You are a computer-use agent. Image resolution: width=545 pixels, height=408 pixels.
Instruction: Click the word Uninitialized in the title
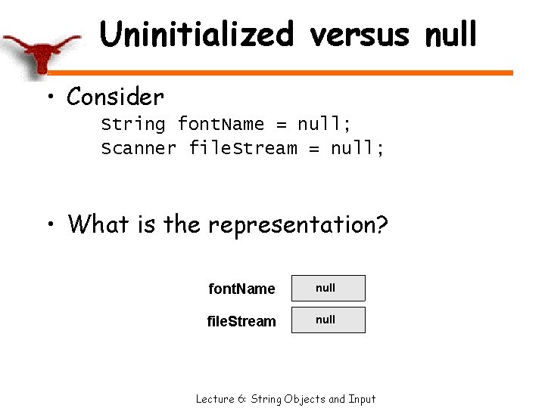(x=196, y=34)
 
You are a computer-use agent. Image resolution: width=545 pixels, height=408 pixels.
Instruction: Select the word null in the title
(x=451, y=34)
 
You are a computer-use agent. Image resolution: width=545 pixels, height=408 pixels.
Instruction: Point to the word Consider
(x=115, y=97)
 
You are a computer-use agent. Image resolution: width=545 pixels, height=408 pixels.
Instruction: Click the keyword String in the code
(x=133, y=124)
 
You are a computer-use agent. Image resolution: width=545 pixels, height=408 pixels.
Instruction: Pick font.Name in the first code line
(x=220, y=124)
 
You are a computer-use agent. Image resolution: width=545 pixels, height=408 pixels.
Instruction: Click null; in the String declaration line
(x=324, y=124)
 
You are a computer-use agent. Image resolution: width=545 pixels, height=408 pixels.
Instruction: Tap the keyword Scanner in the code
(x=139, y=148)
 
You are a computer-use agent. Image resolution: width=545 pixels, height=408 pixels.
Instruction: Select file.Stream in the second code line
(x=242, y=148)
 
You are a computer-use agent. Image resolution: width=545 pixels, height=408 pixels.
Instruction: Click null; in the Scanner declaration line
(x=357, y=148)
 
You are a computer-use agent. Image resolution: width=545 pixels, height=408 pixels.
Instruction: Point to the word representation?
(x=299, y=224)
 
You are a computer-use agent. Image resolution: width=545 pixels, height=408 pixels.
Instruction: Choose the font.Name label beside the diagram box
(x=241, y=289)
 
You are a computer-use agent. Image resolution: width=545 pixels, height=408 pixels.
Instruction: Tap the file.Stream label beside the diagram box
(x=241, y=321)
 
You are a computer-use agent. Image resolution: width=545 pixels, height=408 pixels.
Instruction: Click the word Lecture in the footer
(x=213, y=398)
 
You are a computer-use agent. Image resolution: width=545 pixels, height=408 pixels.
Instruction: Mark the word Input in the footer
(x=362, y=398)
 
